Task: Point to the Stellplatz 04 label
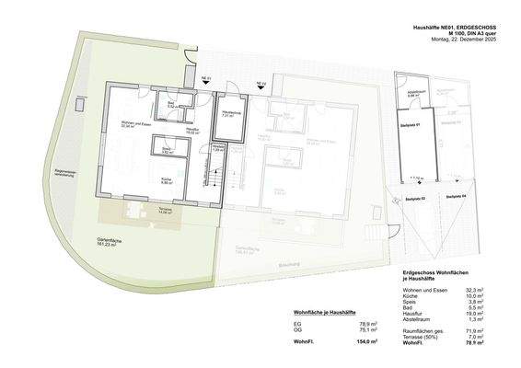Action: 457,197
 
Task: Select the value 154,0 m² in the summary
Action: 368,342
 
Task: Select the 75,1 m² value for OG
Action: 369,333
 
